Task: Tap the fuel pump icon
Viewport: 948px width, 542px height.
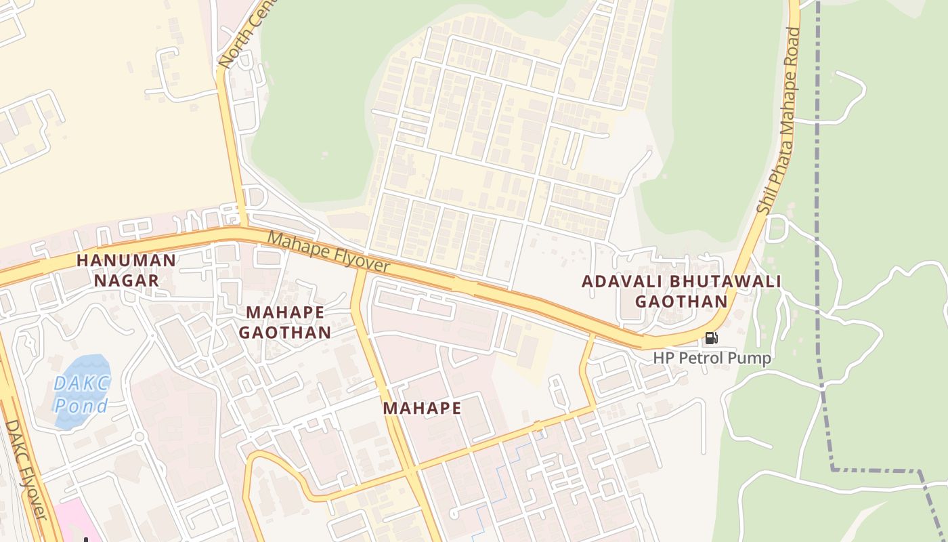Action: [711, 337]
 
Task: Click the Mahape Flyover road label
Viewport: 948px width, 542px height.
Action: [329, 252]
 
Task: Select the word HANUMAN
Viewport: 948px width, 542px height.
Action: [126, 260]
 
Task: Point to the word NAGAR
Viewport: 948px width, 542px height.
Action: [127, 280]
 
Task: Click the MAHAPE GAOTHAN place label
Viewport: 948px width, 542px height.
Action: [288, 322]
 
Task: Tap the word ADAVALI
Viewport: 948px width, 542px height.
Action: [622, 281]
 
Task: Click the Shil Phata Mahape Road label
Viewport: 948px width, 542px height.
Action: [778, 122]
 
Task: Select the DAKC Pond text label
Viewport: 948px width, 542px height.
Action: [81, 394]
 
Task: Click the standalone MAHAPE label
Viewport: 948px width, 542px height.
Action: [422, 409]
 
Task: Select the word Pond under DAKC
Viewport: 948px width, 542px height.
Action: [81, 406]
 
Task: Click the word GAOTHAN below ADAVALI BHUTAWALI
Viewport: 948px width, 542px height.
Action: [681, 301]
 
